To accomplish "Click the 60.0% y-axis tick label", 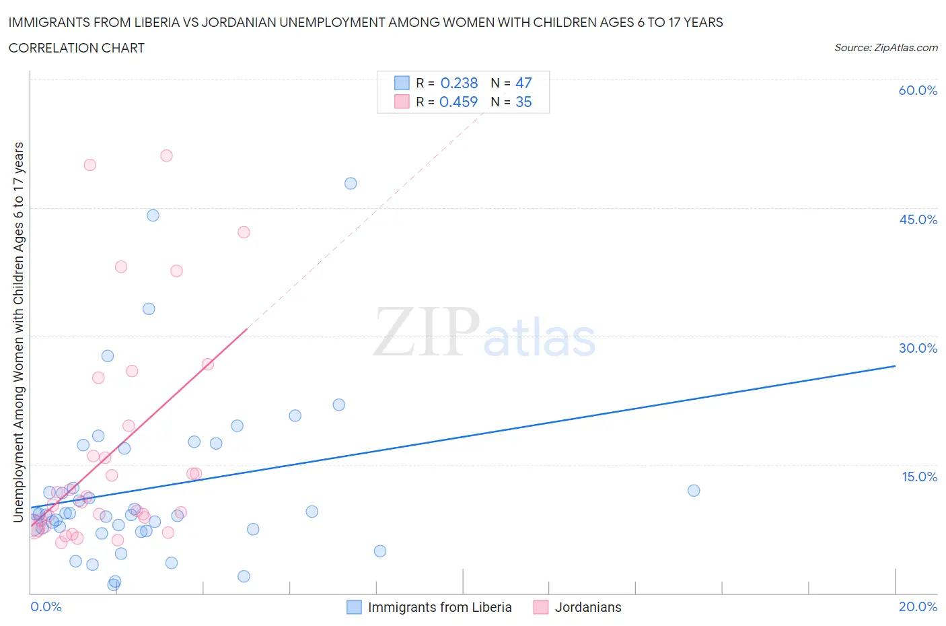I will pyautogui.click(x=918, y=90).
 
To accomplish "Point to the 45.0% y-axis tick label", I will pyautogui.click(x=918, y=219).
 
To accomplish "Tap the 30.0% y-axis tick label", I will pyautogui.click(x=918, y=348).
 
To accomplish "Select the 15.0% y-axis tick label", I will pyautogui.click(x=919, y=477).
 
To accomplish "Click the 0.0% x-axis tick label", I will pyautogui.click(x=46, y=606).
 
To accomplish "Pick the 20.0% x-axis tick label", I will pyautogui.click(x=918, y=606).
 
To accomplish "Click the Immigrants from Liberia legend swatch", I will pyautogui.click(x=354, y=607).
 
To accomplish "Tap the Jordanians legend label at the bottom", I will pyautogui.click(x=587, y=607).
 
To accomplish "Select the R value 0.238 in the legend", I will pyautogui.click(x=459, y=83).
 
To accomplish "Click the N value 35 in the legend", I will pyautogui.click(x=523, y=102).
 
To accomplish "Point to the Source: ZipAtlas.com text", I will pyautogui.click(x=885, y=47).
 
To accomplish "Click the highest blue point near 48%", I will pyautogui.click(x=351, y=183).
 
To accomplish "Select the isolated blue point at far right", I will pyautogui.click(x=694, y=490).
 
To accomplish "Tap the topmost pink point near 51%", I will pyautogui.click(x=166, y=155).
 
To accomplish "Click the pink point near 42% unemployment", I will pyautogui.click(x=244, y=232).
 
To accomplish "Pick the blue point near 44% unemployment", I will pyautogui.click(x=153, y=215).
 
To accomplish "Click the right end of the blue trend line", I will pyautogui.click(x=895, y=366).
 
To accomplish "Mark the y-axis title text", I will pyautogui.click(x=19, y=332).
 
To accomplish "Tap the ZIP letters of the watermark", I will pyautogui.click(x=427, y=333).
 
